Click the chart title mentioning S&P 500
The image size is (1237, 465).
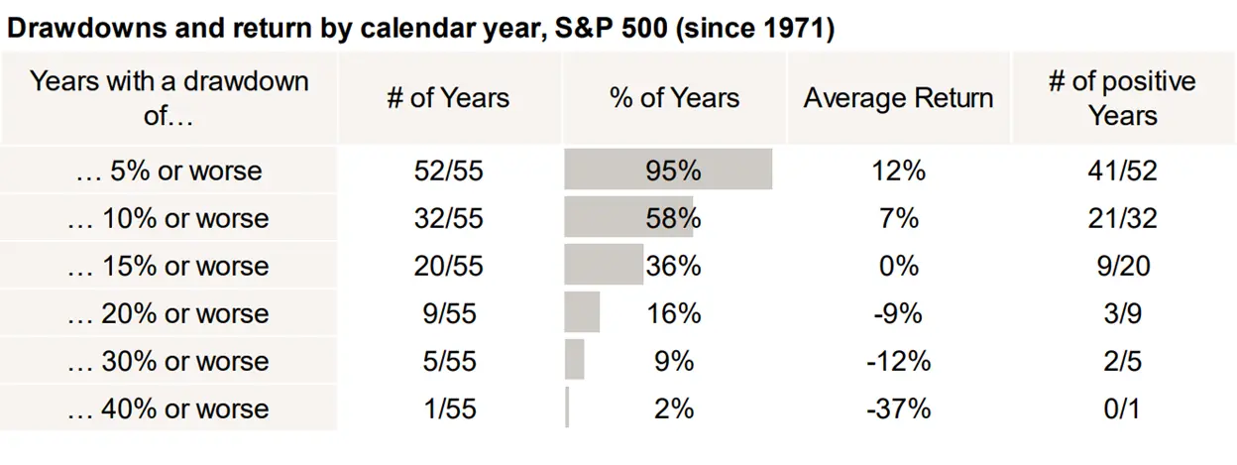coord(421,28)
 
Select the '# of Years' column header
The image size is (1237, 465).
coord(448,98)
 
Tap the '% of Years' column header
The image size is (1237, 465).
coord(674,98)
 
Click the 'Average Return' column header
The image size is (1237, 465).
coord(898,98)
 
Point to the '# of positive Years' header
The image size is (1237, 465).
coord(1122,98)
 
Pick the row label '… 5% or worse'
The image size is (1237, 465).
coord(169,171)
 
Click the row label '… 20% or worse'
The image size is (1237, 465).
coord(169,313)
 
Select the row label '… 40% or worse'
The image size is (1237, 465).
coord(169,407)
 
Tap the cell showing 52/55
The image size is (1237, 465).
coord(448,171)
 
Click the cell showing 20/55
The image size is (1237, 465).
coord(448,266)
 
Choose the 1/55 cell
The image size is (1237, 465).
coord(448,407)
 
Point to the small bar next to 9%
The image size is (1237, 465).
coord(574,360)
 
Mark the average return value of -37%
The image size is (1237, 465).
coord(898,407)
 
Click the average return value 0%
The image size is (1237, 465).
coord(898,266)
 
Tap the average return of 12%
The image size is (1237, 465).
coord(898,171)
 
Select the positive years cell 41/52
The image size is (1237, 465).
coord(1122,171)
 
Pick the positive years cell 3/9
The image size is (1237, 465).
coord(1122,313)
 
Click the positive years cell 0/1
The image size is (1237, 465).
coord(1122,407)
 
